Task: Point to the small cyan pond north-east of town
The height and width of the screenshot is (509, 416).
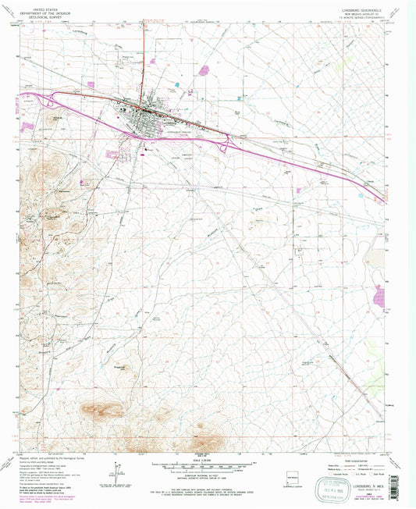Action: (178, 84)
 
